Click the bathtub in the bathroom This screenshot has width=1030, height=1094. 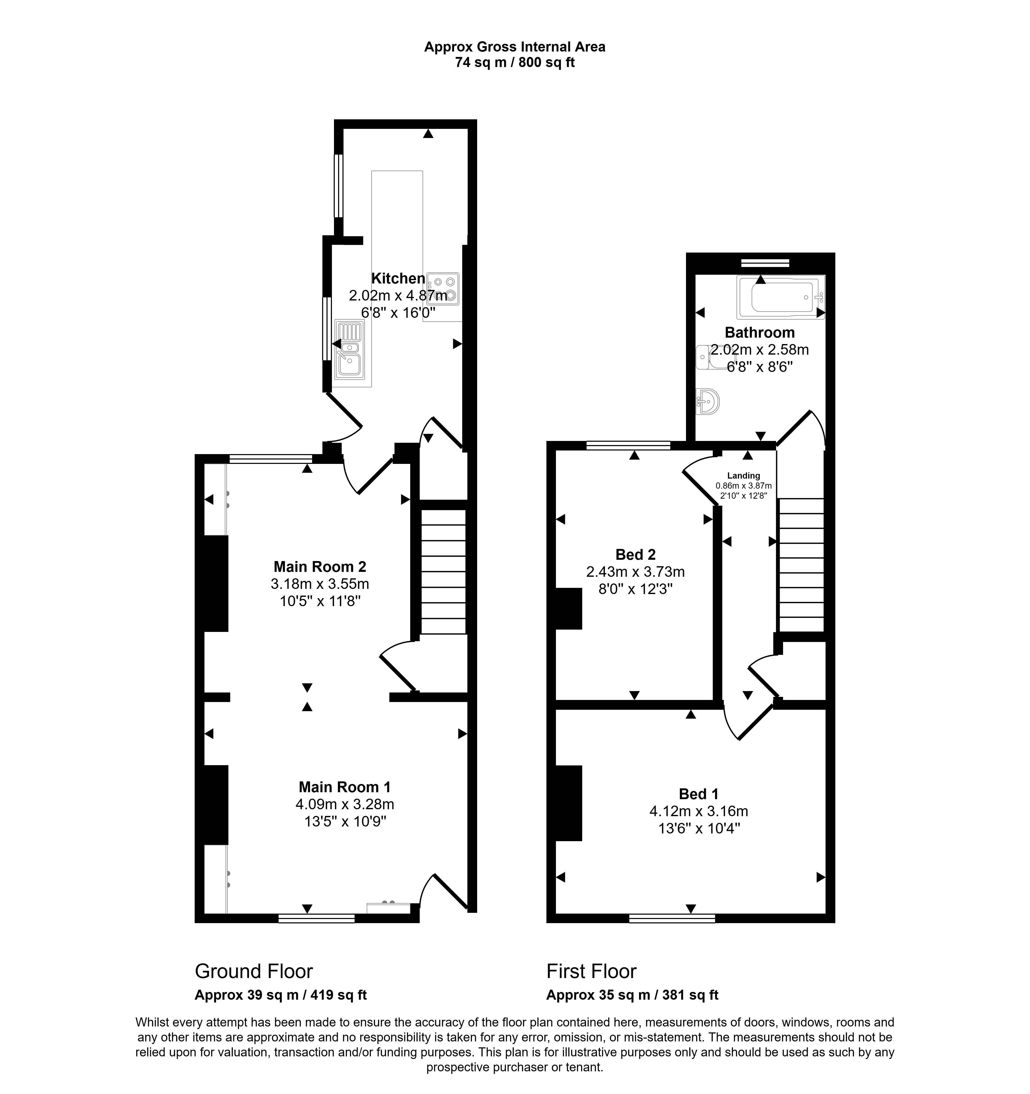pos(780,297)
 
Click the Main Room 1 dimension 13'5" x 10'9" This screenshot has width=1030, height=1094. pos(345,822)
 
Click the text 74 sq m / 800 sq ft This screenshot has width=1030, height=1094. pos(515,63)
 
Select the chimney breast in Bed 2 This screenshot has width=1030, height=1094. pos(569,609)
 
